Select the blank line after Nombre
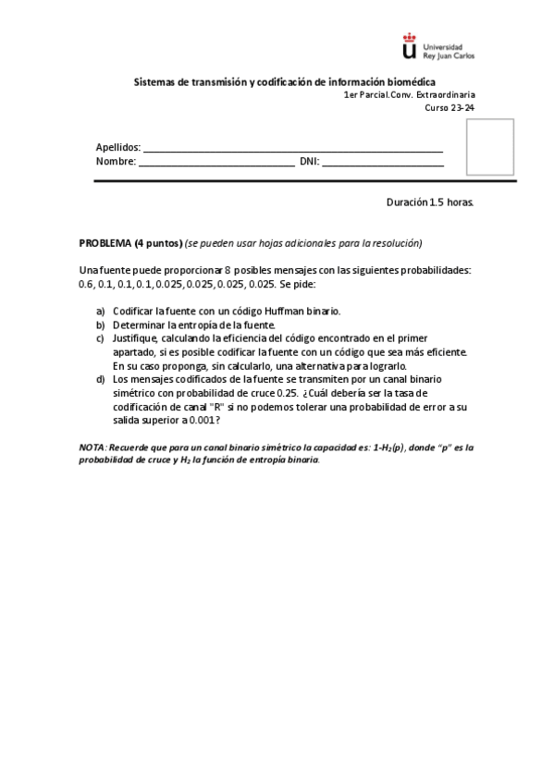point(216,165)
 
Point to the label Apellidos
point(117,147)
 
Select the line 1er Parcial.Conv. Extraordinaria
point(409,95)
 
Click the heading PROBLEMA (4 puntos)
point(130,243)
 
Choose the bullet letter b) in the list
point(101,325)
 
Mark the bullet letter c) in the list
point(101,338)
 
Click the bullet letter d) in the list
point(101,379)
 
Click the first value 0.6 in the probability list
point(86,284)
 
